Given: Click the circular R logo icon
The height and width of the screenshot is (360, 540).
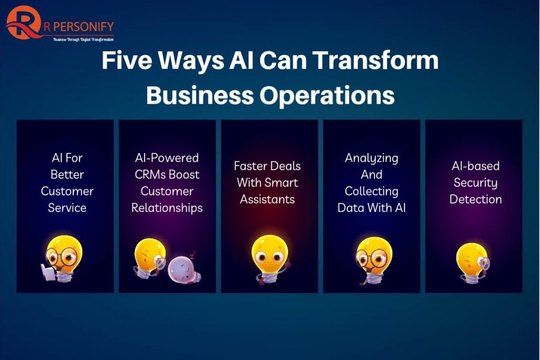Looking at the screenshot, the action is click(23, 23).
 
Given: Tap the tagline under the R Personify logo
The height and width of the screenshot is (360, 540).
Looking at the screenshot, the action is click(83, 40).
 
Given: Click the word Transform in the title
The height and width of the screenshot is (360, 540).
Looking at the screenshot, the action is click(377, 60).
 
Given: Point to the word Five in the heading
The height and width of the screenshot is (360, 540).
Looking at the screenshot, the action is click(127, 60).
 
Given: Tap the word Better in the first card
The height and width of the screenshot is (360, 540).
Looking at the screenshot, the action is click(67, 174).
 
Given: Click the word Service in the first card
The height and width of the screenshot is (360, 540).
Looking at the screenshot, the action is click(67, 208).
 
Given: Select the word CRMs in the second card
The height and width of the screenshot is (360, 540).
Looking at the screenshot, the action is click(150, 174).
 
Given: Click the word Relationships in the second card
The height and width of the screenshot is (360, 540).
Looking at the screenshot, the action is click(167, 208).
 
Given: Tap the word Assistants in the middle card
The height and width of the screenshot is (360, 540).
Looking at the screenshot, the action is click(267, 199).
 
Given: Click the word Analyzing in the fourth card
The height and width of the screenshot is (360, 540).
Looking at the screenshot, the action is click(372, 158).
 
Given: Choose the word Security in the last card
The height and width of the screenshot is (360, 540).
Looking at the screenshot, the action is click(476, 183).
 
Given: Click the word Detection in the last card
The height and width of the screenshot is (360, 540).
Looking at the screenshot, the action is click(476, 199).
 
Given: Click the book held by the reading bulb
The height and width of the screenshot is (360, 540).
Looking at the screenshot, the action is click(48, 272).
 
